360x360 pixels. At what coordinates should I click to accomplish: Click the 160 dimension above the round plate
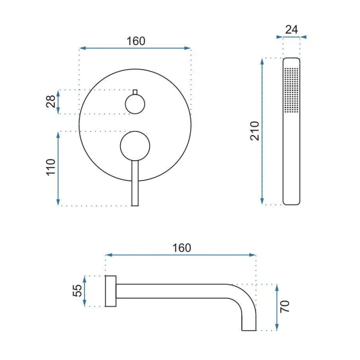click(136, 41)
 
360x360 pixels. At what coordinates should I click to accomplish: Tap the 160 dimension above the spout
click(182, 248)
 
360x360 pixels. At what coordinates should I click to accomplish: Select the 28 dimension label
click(51, 102)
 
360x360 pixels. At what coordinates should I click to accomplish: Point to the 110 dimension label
click(51, 167)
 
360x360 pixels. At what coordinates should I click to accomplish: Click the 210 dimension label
click(255, 131)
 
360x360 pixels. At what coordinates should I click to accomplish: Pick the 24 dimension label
click(292, 29)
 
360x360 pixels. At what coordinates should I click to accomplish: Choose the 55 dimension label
click(77, 291)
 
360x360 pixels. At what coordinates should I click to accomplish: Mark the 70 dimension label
click(285, 306)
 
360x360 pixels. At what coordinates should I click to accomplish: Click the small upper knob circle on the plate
click(135, 104)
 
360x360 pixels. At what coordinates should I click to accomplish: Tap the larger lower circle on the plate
click(135, 146)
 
